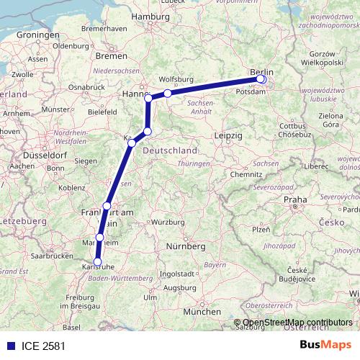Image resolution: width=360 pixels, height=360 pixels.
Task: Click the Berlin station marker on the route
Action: tap(261, 79)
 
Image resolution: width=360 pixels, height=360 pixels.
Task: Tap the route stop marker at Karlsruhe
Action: tap(98, 263)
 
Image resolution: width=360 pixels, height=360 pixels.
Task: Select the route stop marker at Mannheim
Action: tap(100, 237)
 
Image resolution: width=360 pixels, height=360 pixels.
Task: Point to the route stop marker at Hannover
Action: tap(148, 97)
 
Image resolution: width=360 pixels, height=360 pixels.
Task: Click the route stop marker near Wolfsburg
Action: tap(168, 93)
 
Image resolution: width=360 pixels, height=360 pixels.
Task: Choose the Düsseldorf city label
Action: tap(28, 154)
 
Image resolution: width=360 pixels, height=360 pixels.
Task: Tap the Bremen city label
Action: tap(111, 55)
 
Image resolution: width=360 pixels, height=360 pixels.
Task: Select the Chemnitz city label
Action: tap(246, 174)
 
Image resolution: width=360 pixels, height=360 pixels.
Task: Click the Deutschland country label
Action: tap(171, 150)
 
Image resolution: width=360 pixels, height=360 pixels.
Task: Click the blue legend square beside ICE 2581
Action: tap(8, 346)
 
